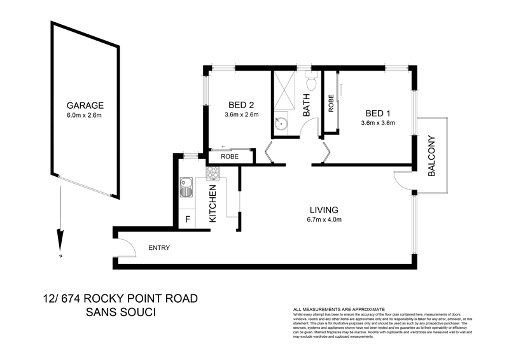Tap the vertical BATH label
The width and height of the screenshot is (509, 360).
click(306, 104)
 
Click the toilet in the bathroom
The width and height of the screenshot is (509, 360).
click(311, 83)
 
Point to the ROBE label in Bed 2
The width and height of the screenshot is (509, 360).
click(230, 156)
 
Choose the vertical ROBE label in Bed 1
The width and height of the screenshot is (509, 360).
click(331, 104)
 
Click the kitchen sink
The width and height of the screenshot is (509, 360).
click(187, 189)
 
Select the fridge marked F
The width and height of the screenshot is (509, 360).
click(187, 219)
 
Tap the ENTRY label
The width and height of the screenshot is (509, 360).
click(158, 248)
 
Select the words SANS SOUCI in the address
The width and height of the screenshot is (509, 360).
click(121, 313)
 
